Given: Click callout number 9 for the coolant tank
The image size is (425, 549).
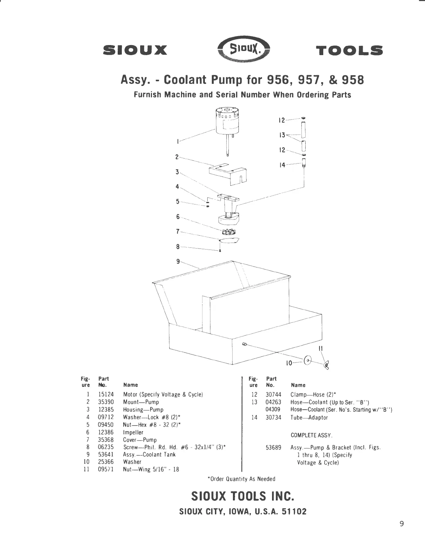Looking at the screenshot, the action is pos(178,262).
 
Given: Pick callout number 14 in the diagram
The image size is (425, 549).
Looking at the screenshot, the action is pos(282,165).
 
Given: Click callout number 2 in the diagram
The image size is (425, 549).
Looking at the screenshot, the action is pos(177,157).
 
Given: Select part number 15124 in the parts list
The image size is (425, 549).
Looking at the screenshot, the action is pos(106,394).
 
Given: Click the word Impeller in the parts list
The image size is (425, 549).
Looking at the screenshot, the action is pos(133,433).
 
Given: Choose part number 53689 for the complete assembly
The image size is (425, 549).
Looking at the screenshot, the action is pos(273,447).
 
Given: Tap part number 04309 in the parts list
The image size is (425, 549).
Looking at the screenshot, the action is pos(273,410).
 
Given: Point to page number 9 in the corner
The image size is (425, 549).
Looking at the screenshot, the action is pos(401,524).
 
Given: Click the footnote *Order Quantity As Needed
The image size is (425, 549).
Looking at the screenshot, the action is pos(241,479).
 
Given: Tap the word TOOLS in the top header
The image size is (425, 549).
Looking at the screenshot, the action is pos(350,51).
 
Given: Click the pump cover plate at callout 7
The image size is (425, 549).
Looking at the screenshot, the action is pos(229,240).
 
